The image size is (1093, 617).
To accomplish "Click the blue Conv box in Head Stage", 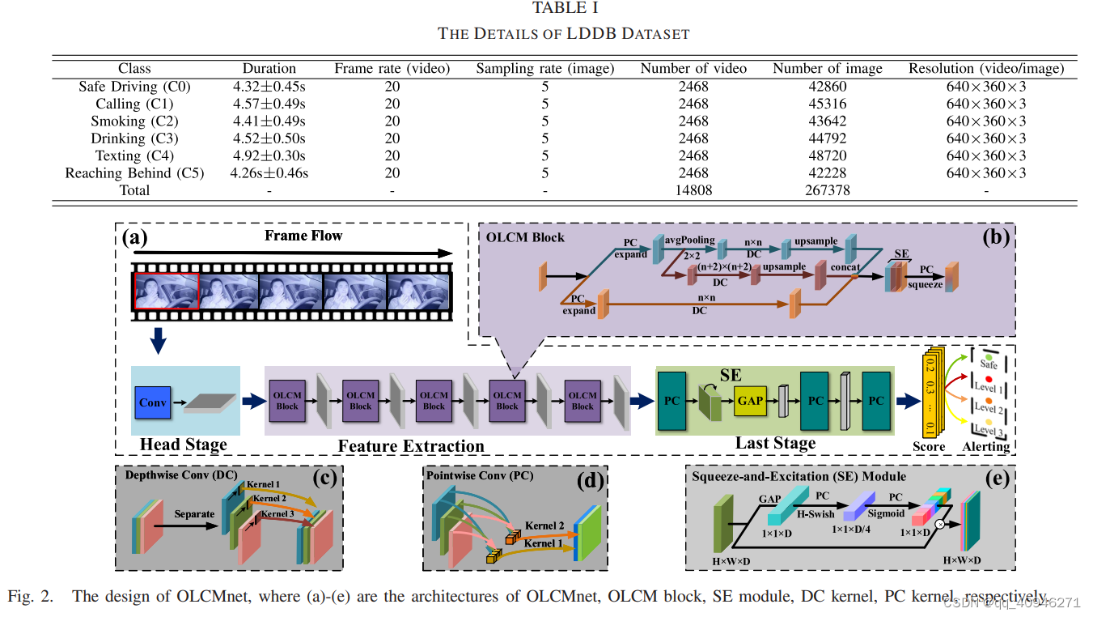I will point(152,402).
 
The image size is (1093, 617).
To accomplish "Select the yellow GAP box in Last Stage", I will point(750,401).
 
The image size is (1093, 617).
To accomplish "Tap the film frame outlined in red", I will point(166,290).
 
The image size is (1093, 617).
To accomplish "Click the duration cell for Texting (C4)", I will point(269,155).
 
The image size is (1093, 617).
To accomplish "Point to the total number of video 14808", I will point(693,190).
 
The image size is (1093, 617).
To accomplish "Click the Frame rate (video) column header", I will point(392,69).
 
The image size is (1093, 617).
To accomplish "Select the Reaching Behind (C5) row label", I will point(134,172).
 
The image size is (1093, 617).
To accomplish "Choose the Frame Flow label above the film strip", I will point(303,236).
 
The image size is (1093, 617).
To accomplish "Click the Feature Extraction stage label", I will point(411,446).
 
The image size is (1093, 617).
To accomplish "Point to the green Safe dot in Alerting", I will point(988,355).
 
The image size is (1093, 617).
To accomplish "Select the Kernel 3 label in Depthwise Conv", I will point(277,513).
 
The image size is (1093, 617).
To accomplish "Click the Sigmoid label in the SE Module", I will point(885,513).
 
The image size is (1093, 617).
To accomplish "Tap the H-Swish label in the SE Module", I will point(816,513).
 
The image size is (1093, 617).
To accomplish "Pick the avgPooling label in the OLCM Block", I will point(689,240).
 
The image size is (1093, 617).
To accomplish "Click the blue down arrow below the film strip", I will point(159,339).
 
